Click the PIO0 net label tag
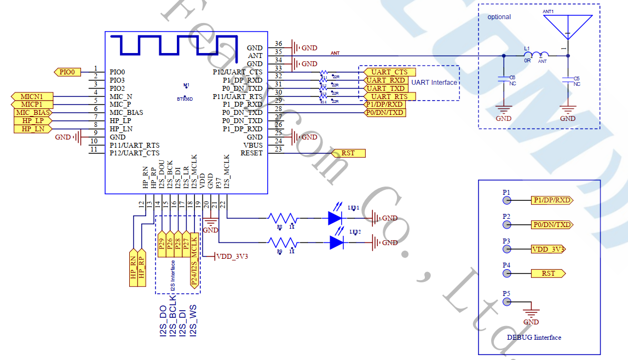68,72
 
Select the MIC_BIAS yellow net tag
33,112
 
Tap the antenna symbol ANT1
568,27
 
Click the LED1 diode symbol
336,218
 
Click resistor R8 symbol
282,218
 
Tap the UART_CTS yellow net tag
389,72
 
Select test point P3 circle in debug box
508,249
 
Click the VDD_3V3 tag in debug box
548,249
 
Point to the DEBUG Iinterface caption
533,338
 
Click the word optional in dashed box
499,17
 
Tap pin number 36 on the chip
279,44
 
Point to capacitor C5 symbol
568,81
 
